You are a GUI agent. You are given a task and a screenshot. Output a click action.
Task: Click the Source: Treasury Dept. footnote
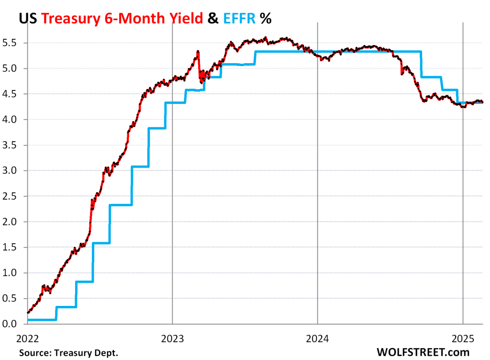[68, 353]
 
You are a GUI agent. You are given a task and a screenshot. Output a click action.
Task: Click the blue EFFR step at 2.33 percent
[121, 205]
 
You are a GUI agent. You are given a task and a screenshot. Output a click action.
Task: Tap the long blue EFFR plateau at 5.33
[335, 51]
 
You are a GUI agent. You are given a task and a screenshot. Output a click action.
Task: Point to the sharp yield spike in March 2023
[198, 52]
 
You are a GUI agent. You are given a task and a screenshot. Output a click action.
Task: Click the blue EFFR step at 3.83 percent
[156, 128]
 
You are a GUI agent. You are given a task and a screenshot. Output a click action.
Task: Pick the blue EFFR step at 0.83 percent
[84, 281]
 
